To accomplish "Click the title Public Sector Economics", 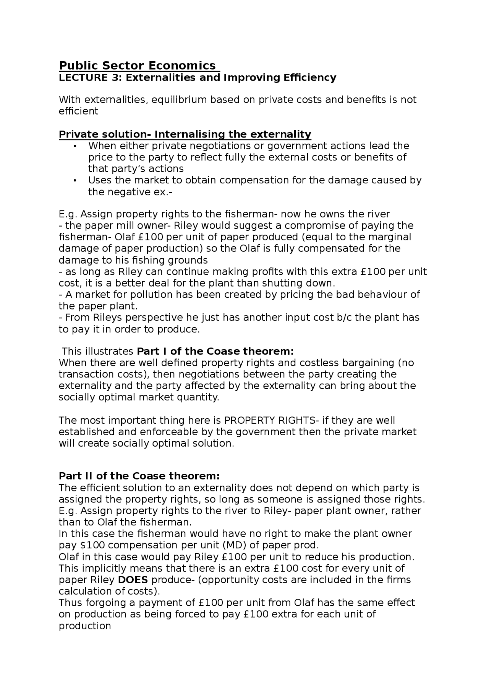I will (x=138, y=65).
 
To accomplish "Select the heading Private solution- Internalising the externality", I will (x=185, y=134).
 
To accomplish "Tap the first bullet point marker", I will (x=75, y=146).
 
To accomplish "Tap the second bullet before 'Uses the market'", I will (x=75, y=180).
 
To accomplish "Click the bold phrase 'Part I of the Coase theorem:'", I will (x=215, y=351).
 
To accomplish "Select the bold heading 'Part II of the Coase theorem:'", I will (x=139, y=476).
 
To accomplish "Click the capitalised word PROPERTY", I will (x=249, y=420).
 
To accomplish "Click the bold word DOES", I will (x=133, y=580).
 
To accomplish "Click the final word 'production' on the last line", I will (x=85, y=626).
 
